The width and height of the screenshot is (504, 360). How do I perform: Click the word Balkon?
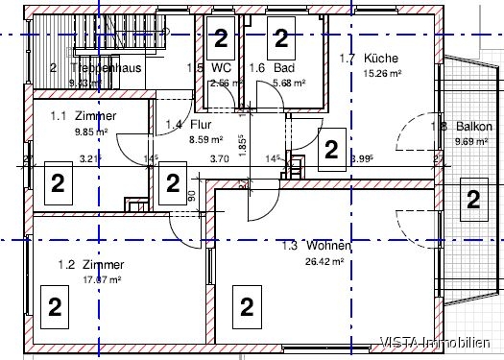[474, 127]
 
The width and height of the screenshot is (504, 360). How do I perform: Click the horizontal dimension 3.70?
[219, 159]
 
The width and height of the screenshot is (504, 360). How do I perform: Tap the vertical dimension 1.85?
[242, 145]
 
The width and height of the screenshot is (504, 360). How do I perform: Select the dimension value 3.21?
[90, 159]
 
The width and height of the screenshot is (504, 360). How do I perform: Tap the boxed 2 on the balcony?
[472, 200]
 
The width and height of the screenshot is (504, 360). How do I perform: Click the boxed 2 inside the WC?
[221, 38]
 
